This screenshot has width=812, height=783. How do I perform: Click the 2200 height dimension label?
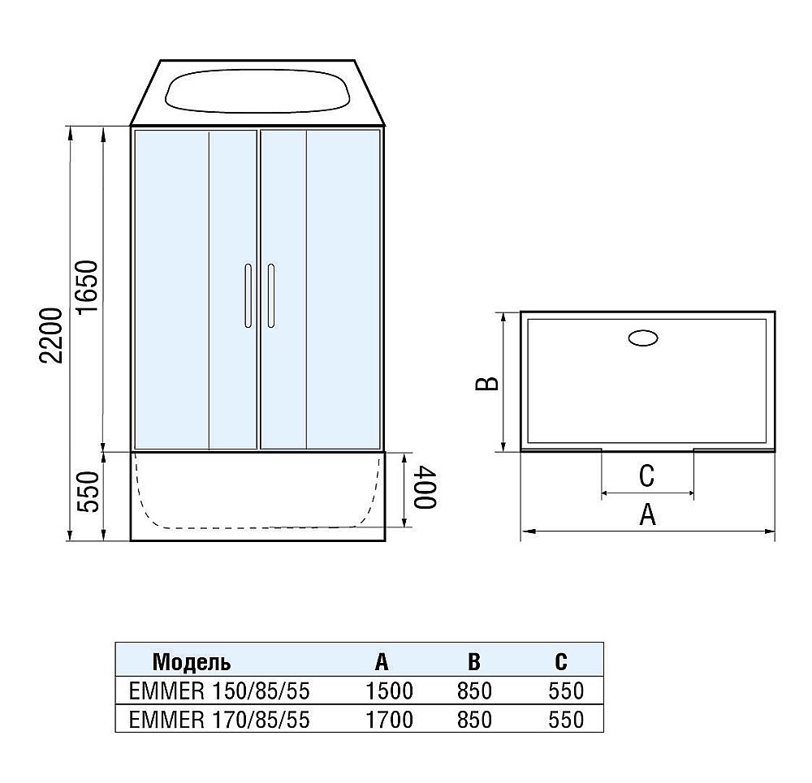click(x=51, y=335)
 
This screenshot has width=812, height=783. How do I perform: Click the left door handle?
click(x=246, y=295)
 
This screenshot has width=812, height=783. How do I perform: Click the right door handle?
click(x=270, y=295)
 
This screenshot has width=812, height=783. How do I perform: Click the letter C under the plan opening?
click(x=646, y=476)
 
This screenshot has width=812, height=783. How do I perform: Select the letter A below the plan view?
click(x=647, y=515)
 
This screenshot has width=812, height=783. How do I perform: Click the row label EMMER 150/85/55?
click(x=219, y=691)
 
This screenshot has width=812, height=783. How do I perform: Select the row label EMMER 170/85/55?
click(x=219, y=719)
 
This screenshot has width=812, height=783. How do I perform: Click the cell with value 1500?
click(x=390, y=691)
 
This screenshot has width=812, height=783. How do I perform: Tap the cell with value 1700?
click(x=390, y=719)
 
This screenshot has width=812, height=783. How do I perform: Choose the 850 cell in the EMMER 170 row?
click(x=474, y=719)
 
